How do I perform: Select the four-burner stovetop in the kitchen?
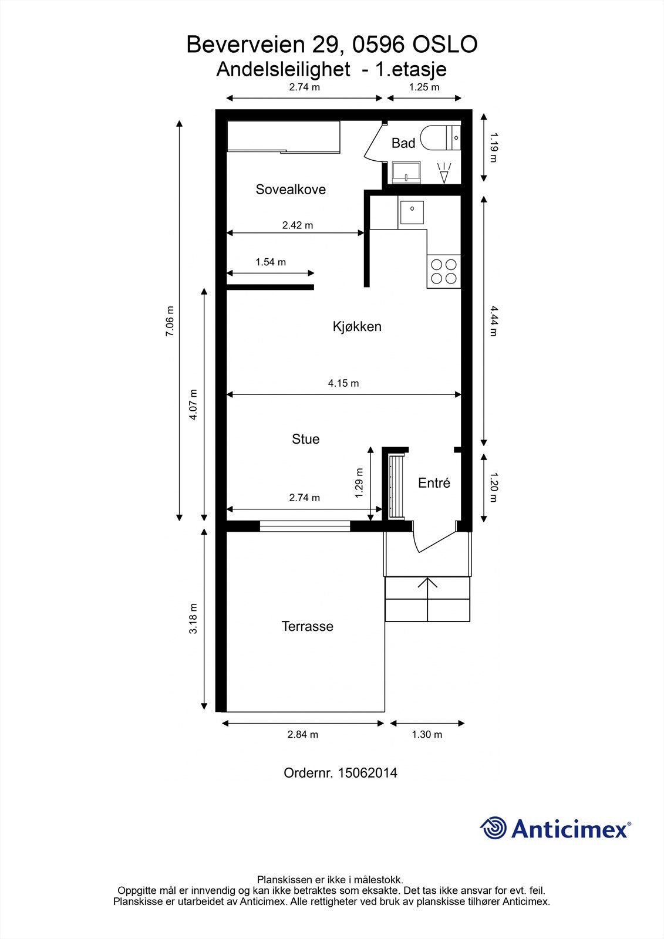[444, 271]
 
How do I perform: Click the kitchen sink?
[413, 212]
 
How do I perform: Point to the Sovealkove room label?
[290, 190]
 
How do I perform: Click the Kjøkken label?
[357, 326]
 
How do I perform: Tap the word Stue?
[305, 439]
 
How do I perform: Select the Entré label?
[434, 483]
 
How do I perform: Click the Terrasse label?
[307, 626]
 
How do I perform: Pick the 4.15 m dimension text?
[343, 383]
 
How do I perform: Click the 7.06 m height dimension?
[170, 321]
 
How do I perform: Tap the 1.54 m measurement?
[271, 262]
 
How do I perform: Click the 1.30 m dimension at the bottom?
[427, 734]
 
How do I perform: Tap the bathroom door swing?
[373, 144]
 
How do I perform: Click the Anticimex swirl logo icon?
[493, 828]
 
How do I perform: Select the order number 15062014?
[368, 773]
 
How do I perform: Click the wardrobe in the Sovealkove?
[284, 137]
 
